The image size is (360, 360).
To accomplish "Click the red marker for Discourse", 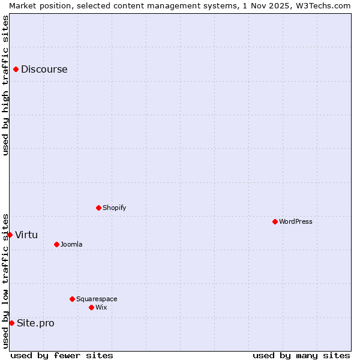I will [x=16, y=70].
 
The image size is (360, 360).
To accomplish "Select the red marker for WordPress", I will [x=275, y=222].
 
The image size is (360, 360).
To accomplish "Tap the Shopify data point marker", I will [x=99, y=208].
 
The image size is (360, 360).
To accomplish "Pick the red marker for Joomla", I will [x=57, y=245].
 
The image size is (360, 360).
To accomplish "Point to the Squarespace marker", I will [x=73, y=299].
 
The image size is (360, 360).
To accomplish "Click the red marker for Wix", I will [x=92, y=308].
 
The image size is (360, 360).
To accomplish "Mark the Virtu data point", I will [x=10, y=235].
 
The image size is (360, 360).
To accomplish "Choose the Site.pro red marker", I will [x=12, y=323].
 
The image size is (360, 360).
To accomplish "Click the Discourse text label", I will [x=44, y=70].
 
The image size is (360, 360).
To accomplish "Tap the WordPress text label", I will [x=296, y=222].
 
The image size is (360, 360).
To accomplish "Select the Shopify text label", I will [x=115, y=208].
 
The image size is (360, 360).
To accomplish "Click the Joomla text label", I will [x=71, y=245].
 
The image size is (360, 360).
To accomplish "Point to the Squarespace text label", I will [x=97, y=299].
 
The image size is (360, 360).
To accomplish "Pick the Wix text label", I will [x=101, y=308].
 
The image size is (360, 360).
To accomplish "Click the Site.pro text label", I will [x=35, y=323].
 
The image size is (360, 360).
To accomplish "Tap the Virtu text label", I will [x=26, y=235].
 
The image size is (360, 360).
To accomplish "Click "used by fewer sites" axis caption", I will [x=62, y=356].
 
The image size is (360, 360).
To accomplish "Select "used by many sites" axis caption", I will [x=301, y=356].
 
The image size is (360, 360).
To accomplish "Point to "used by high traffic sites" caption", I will [x=5, y=85].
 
